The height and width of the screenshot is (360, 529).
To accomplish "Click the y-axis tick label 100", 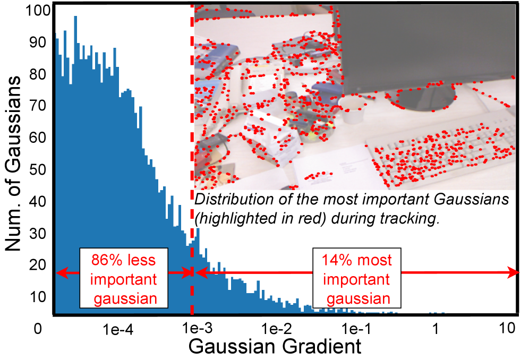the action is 38,11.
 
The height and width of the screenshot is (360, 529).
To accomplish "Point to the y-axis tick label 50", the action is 38,170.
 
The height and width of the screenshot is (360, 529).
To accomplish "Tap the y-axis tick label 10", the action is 38,297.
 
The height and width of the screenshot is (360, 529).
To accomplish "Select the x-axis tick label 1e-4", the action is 118,329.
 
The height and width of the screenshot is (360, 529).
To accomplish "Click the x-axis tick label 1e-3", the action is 198,328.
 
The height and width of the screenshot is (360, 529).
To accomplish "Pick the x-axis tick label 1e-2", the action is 277,328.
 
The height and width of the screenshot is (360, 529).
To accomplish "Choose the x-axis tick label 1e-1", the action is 356,328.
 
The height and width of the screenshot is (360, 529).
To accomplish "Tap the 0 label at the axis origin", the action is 38,328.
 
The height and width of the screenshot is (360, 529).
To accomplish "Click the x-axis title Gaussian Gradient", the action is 275,347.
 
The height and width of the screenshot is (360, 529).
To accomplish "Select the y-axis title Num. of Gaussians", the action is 13,164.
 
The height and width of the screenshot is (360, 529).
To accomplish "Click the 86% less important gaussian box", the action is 124,278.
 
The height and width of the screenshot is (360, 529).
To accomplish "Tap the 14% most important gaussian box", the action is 357,278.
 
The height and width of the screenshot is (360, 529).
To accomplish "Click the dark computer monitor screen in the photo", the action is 427,47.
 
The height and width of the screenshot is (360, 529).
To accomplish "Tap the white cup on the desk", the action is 353,108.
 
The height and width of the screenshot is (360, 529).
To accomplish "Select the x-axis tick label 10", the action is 507,328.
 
